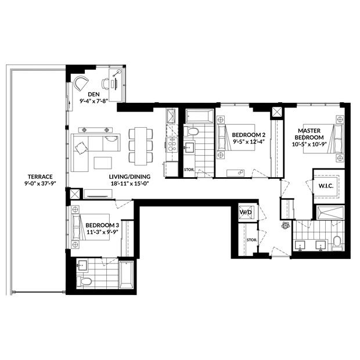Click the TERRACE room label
click(x=40, y=177)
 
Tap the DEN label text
click(x=94, y=95)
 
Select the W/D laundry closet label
click(x=246, y=213)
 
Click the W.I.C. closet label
click(x=326, y=186)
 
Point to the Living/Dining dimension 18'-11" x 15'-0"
click(x=129, y=183)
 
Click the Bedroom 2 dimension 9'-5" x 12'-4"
click(x=249, y=142)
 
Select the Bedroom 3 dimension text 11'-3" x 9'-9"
click(x=102, y=232)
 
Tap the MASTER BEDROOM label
click(x=309, y=134)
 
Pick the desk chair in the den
click(x=105, y=84)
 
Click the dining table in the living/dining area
click(x=141, y=146)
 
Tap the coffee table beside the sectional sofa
click(x=103, y=163)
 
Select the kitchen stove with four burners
click(x=172, y=145)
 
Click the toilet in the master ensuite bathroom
click(x=337, y=243)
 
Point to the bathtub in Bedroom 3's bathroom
click(x=126, y=275)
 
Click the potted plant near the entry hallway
click(x=285, y=225)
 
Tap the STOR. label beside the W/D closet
click(x=252, y=240)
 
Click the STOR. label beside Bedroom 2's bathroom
click(x=189, y=170)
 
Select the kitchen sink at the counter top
click(x=172, y=116)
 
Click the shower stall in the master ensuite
click(x=330, y=213)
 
